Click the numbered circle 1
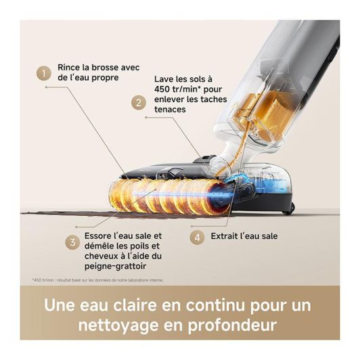pos(45,72)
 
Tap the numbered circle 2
pos(138,103)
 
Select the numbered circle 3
pos(72,242)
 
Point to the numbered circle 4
pos(197,238)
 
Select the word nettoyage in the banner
pos(120,325)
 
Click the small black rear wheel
pos(288,208)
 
